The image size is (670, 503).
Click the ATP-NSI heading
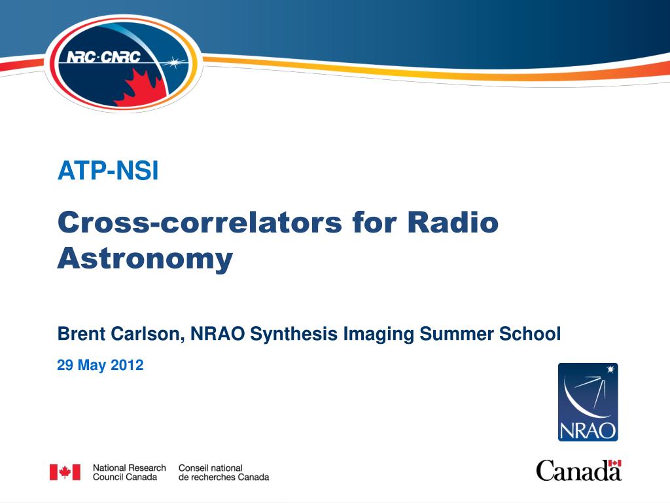pos(108,171)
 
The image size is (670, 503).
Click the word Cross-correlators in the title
pos(200,223)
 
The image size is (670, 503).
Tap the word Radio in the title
pos(453,223)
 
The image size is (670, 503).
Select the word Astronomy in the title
pos(145,259)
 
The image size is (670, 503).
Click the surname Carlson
pos(148,334)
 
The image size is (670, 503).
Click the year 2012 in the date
pos(127,365)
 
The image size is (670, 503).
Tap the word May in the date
pos(92,365)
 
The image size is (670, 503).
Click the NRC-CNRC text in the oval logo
pos(103,56)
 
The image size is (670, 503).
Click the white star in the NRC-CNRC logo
pos(174,63)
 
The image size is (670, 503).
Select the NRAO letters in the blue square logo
pos(588,430)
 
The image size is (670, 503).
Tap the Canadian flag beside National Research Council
pos(65,472)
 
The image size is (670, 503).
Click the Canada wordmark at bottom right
pos(579,470)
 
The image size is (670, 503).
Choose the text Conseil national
pos(210,468)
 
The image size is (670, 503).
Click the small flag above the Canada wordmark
pos(615,463)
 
